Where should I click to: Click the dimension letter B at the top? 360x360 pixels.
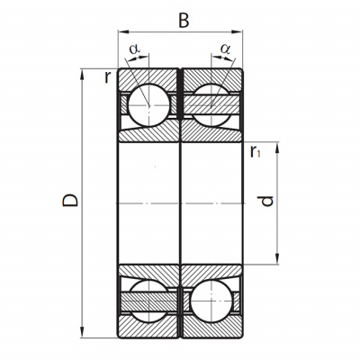(x=184, y=21)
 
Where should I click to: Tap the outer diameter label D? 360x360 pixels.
(x=70, y=201)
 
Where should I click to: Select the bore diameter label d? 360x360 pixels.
(x=265, y=201)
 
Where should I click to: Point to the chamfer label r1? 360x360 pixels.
(x=256, y=151)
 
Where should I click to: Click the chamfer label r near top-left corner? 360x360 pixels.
(x=107, y=77)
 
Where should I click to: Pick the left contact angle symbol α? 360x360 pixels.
(x=135, y=49)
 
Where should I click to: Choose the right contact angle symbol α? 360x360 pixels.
(x=226, y=49)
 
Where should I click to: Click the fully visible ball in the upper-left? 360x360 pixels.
(x=148, y=104)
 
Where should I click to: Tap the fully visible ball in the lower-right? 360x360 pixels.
(x=211, y=301)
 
